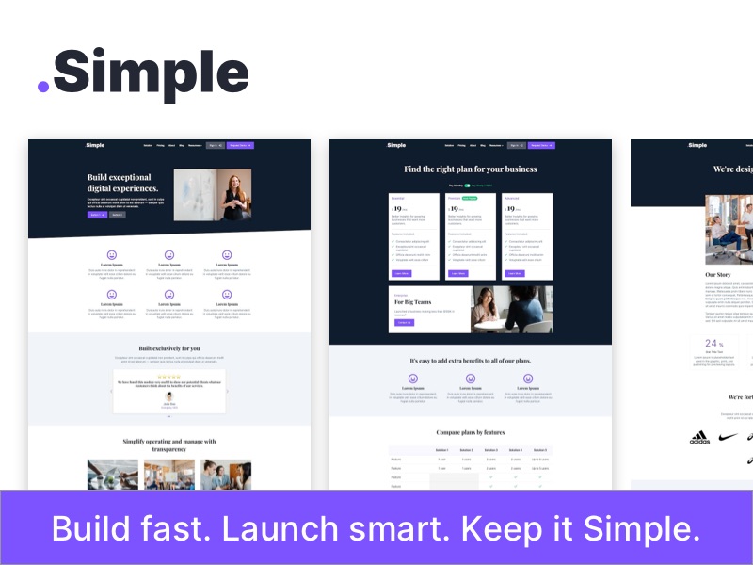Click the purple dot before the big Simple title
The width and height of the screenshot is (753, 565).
[x=43, y=86]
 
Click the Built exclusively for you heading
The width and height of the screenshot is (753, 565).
[x=169, y=348]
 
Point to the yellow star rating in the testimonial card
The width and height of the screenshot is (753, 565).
[x=169, y=376]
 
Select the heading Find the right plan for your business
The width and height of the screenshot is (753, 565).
[x=471, y=169]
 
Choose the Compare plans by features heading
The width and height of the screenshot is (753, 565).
[x=471, y=432]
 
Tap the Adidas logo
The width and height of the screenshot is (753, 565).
[x=699, y=438]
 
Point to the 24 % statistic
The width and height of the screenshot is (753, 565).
[x=713, y=344]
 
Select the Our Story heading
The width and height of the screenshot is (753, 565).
[x=717, y=275]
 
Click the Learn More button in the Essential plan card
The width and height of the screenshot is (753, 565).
[x=402, y=273]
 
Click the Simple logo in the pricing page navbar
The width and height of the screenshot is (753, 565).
[x=396, y=145]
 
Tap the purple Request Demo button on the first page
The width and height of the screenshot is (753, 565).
[x=239, y=146]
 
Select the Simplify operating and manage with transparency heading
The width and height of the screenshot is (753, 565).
[x=169, y=445]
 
